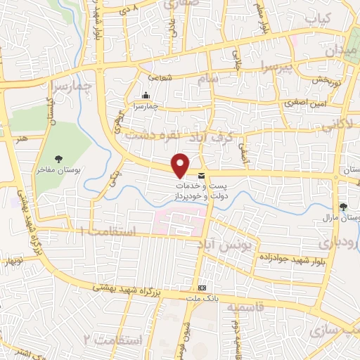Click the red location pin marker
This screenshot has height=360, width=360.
[x=181, y=165]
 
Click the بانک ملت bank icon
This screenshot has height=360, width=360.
[x=202, y=288]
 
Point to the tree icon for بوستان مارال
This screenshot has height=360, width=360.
[x=343, y=207]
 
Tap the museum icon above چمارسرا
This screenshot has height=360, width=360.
[x=146, y=96]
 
